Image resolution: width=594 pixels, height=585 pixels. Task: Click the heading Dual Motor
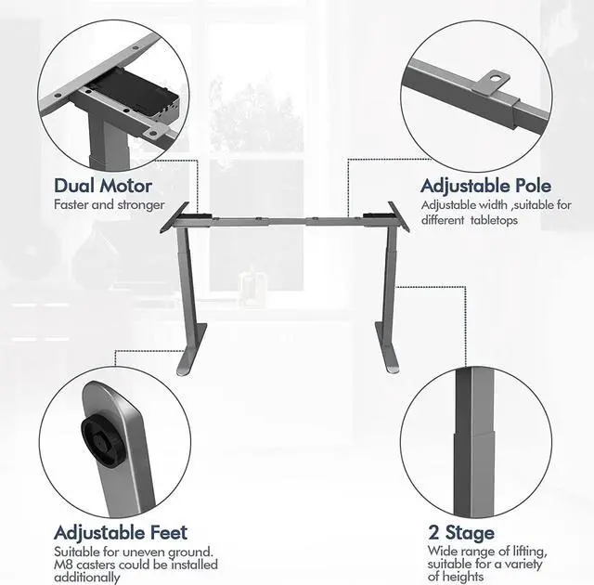point(102,186)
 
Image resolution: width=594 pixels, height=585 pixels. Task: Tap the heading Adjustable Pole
point(483,186)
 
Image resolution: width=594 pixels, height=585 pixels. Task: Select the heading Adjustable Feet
point(121,533)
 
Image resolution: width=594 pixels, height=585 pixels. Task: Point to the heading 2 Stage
point(461,533)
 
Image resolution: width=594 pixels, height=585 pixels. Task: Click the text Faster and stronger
point(109,204)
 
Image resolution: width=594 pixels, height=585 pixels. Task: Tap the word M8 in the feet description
point(64,565)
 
